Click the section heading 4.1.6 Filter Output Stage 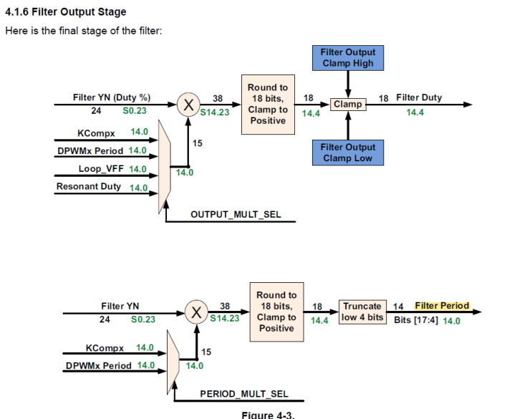[x=66, y=12]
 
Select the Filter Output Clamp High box [x=347, y=57]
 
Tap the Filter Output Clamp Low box [x=347, y=153]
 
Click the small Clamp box [x=348, y=105]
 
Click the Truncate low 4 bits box [x=362, y=312]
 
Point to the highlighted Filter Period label [x=442, y=306]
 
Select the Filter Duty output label [x=419, y=97]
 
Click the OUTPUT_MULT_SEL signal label [x=236, y=214]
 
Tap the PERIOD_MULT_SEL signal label [x=244, y=394]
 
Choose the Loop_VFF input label [x=102, y=169]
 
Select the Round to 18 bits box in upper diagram [x=268, y=105]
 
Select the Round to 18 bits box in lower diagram [x=276, y=312]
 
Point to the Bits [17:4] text [x=416, y=321]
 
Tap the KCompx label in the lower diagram [x=105, y=348]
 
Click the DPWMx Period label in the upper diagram [x=91, y=151]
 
